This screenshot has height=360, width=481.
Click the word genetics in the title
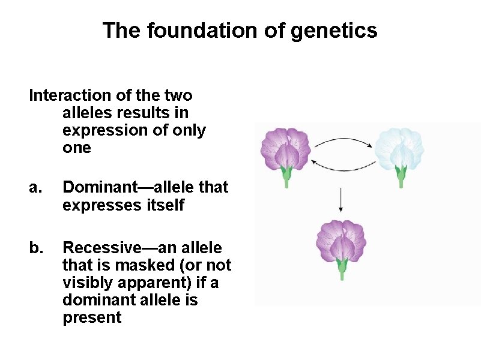point(334,31)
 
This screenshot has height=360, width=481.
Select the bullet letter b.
point(35,248)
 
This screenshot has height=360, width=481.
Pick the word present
point(92,317)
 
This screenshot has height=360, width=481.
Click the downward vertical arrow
point(341,200)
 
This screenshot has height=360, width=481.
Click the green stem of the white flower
point(400,178)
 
